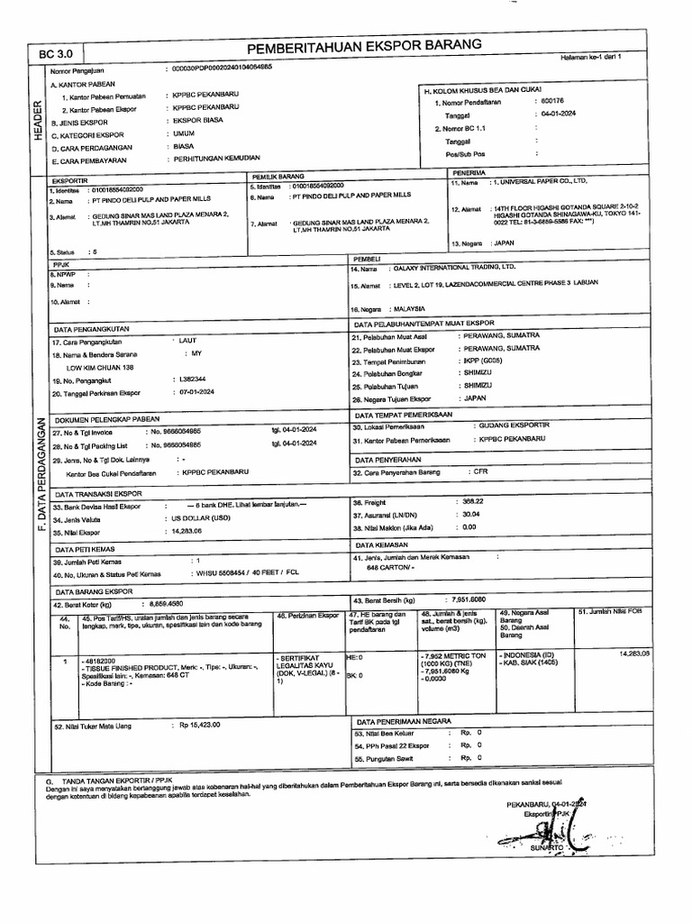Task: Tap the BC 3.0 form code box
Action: (x=53, y=54)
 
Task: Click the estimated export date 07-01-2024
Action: (x=196, y=393)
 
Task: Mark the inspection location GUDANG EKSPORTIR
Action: (x=511, y=424)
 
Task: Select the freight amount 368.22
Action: (x=473, y=500)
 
